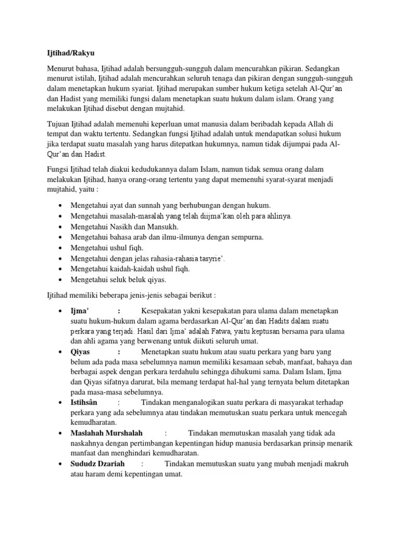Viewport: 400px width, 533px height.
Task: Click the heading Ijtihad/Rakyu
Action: click(x=68, y=53)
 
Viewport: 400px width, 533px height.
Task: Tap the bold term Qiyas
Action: click(x=80, y=352)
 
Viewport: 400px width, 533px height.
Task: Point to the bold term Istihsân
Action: click(x=84, y=402)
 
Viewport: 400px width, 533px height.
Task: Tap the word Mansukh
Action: click(x=162, y=227)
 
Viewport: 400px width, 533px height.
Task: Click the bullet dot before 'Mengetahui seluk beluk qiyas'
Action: click(x=62, y=280)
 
